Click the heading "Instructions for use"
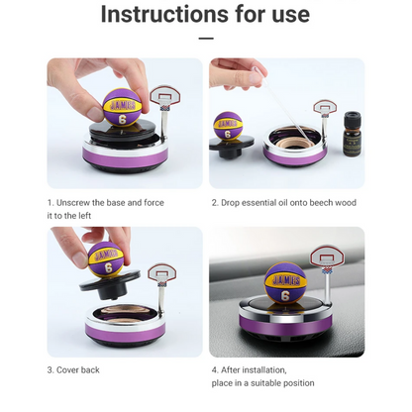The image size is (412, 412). (x=205, y=15)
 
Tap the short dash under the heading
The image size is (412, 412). (x=205, y=39)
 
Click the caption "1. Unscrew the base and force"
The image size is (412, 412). (x=107, y=202)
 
